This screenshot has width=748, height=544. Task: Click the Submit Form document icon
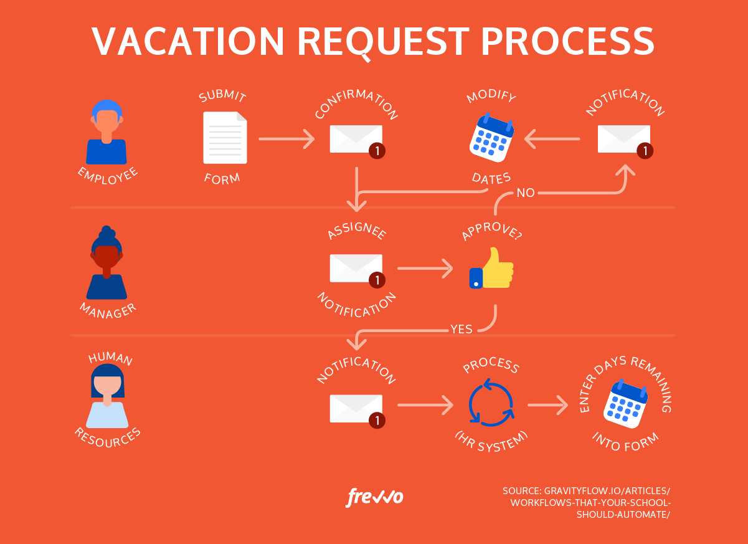click(225, 138)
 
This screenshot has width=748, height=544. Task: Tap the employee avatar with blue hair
click(107, 133)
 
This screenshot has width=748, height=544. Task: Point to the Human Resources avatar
click(108, 396)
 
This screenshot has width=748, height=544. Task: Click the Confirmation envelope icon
click(356, 138)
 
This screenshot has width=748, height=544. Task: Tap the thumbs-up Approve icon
click(491, 269)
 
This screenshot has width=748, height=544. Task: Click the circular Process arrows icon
click(491, 403)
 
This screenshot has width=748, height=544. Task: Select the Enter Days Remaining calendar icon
click(625, 404)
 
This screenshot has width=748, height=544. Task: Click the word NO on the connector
click(526, 193)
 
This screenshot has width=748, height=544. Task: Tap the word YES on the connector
click(462, 329)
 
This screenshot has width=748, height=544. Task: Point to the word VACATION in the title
click(189, 42)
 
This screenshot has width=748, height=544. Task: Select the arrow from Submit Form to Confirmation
click(286, 138)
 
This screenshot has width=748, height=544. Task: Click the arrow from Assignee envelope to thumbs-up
click(425, 269)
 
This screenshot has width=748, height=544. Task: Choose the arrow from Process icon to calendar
click(548, 406)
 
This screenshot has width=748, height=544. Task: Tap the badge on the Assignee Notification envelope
click(376, 280)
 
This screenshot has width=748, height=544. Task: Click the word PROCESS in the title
click(569, 42)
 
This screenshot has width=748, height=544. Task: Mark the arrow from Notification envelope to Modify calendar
click(552, 138)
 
